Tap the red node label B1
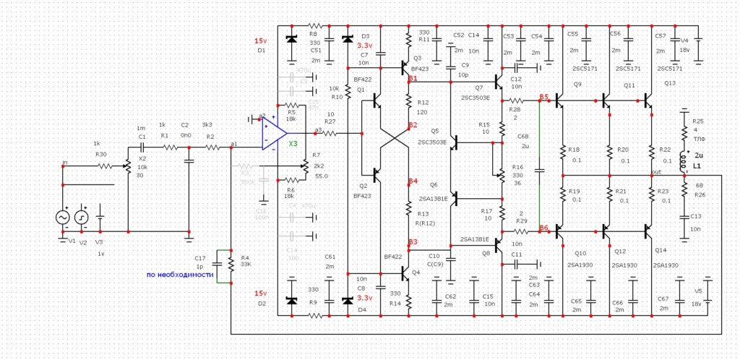point(413,78)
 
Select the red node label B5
point(543,97)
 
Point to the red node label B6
point(543,228)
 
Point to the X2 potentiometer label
point(142,158)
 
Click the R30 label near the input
point(100,154)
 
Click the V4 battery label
point(684,40)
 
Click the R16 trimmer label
point(517,166)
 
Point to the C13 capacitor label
point(695,216)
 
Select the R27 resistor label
point(330,122)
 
